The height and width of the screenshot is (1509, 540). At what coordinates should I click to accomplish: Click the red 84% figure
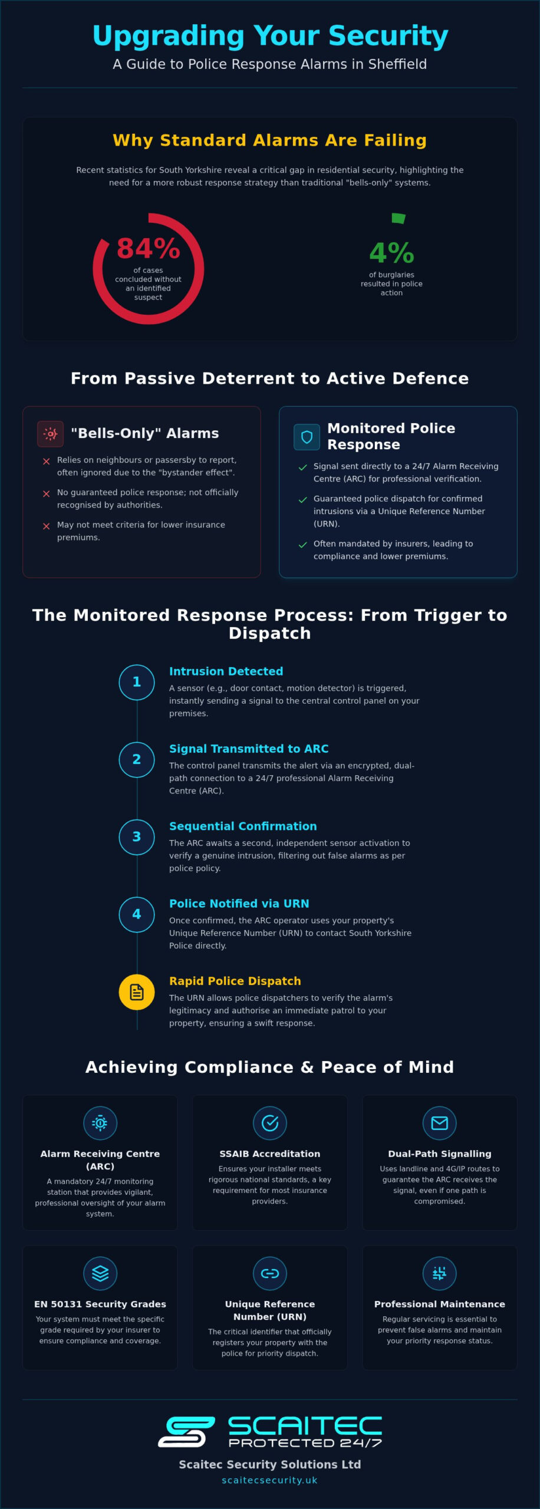149,248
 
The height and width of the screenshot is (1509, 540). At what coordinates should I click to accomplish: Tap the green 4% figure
391,253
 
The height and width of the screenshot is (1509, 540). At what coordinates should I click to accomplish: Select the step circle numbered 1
137,682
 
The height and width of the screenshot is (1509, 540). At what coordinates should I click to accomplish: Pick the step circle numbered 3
137,837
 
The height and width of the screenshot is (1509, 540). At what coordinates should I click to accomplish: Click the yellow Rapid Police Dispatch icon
137,992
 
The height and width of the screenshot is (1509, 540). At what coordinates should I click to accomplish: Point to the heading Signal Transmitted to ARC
249,749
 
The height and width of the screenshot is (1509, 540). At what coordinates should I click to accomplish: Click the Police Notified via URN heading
239,904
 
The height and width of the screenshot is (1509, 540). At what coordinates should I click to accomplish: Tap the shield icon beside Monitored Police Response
307,437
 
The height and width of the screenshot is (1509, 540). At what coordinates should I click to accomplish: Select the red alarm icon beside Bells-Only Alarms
50,434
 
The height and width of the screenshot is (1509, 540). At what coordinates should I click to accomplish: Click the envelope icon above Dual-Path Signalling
440,1123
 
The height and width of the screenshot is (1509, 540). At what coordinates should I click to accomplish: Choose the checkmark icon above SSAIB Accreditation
270,1123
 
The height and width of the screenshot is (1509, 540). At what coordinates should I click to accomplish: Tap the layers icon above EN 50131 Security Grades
100,1273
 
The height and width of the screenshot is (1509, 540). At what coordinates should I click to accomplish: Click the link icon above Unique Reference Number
270,1273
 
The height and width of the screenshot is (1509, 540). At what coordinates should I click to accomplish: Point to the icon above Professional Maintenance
440,1273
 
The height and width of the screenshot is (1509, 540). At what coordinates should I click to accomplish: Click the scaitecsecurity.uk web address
270,1480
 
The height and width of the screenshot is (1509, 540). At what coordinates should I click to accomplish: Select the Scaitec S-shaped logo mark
186,1432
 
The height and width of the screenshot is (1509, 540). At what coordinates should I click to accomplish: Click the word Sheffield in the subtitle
397,64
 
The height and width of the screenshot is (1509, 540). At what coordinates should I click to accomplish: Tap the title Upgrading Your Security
270,36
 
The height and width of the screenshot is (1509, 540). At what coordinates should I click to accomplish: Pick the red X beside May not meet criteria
46,526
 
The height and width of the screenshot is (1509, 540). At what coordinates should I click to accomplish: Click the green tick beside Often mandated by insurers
303,545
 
